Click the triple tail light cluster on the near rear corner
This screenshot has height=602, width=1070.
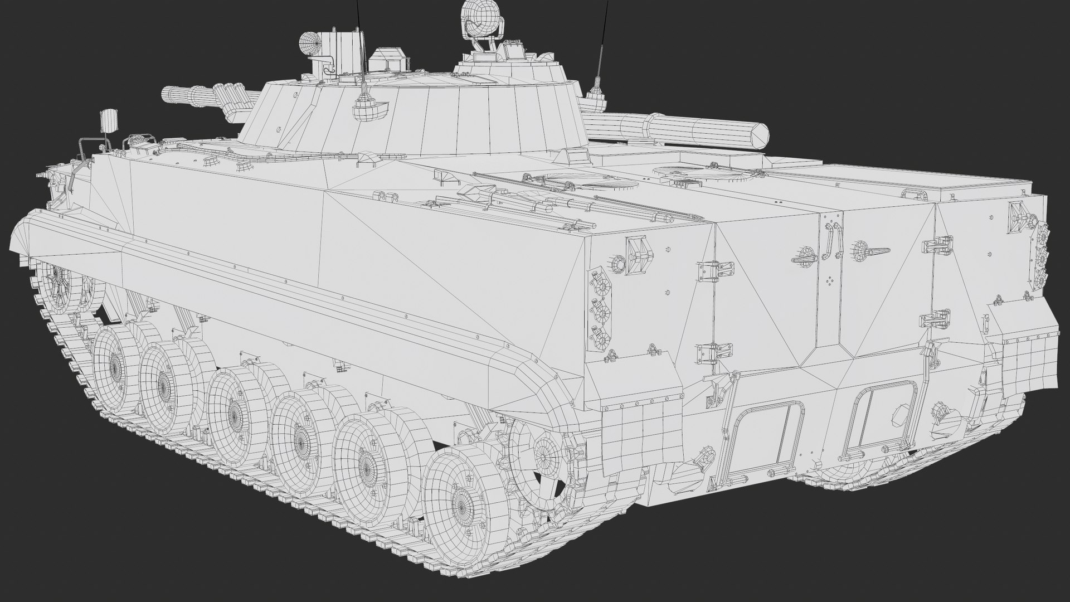[601, 310]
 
